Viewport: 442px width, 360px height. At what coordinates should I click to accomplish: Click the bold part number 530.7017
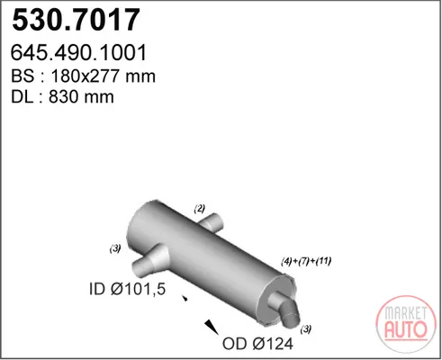(76, 20)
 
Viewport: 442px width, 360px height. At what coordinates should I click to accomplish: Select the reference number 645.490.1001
(78, 52)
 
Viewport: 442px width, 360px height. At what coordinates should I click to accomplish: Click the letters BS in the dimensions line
(23, 76)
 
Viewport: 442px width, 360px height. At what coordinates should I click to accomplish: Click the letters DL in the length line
(22, 97)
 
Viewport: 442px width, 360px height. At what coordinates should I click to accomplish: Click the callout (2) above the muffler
(200, 209)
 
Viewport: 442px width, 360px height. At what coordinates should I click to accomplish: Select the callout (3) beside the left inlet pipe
(115, 248)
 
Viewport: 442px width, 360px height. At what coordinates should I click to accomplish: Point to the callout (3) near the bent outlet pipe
(306, 329)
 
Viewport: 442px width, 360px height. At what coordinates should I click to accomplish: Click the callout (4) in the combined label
(286, 261)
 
